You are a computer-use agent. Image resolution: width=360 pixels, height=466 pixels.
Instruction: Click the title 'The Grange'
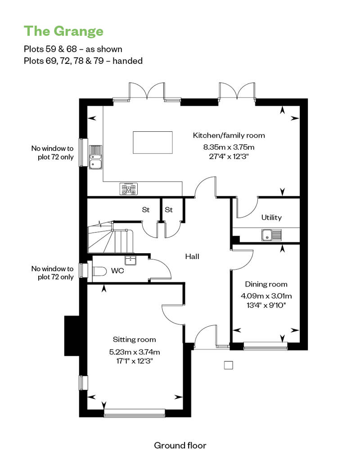pos(63,31)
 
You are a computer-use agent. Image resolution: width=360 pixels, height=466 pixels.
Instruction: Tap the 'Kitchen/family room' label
pos(229,135)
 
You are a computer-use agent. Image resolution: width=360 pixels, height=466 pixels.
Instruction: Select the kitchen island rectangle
pos(153,143)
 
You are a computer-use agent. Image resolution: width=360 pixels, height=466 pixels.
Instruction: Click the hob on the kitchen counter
pos(129,189)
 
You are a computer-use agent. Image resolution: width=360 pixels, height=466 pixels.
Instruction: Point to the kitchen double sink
pos(95,157)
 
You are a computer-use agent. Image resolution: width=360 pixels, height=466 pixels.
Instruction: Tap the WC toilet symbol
pos(99,271)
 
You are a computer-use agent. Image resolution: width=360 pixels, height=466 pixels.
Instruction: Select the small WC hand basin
pos(130,260)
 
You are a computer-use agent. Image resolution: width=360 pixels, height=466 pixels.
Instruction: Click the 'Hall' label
pos(192,256)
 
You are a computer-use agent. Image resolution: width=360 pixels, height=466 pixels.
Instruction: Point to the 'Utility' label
pos(271,218)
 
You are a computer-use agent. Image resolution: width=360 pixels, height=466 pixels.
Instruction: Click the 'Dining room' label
pos(266,284)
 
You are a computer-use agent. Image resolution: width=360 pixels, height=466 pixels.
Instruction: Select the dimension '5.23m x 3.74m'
pos(135,352)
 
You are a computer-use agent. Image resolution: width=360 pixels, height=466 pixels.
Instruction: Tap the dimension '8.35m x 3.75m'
pos(229,147)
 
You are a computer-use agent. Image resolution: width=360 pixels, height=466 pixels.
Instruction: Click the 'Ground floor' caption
pos(180,445)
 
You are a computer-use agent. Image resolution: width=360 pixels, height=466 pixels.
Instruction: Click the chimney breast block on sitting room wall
pos(72,336)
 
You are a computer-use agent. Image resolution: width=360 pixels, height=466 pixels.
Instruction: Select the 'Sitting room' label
pos(135,340)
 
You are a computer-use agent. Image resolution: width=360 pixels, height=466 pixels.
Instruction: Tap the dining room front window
pos(265,346)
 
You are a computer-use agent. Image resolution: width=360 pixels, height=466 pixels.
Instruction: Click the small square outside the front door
pos(228,365)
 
